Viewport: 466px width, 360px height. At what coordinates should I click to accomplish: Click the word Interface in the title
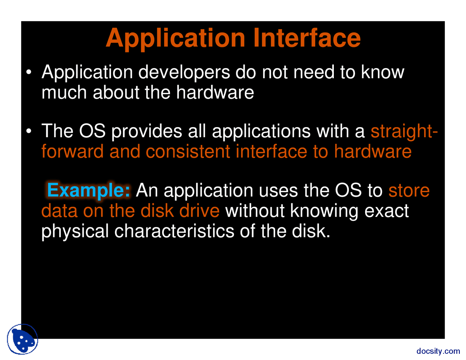point(307,38)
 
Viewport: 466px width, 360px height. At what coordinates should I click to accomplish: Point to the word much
point(64,92)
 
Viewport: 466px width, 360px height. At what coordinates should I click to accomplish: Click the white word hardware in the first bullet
point(215,92)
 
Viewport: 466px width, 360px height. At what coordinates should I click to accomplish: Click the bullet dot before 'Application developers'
point(28,72)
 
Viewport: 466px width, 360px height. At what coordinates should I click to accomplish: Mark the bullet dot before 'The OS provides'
point(28,131)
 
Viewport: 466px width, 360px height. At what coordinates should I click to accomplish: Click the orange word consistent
point(188,151)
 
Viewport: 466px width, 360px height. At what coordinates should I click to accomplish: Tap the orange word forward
point(72,151)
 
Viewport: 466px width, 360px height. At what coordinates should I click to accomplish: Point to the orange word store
point(409,190)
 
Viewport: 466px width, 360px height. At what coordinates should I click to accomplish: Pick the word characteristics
point(174,231)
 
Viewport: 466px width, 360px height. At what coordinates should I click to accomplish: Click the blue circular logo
point(23,339)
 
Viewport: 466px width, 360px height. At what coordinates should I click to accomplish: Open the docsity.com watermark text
point(438,351)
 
